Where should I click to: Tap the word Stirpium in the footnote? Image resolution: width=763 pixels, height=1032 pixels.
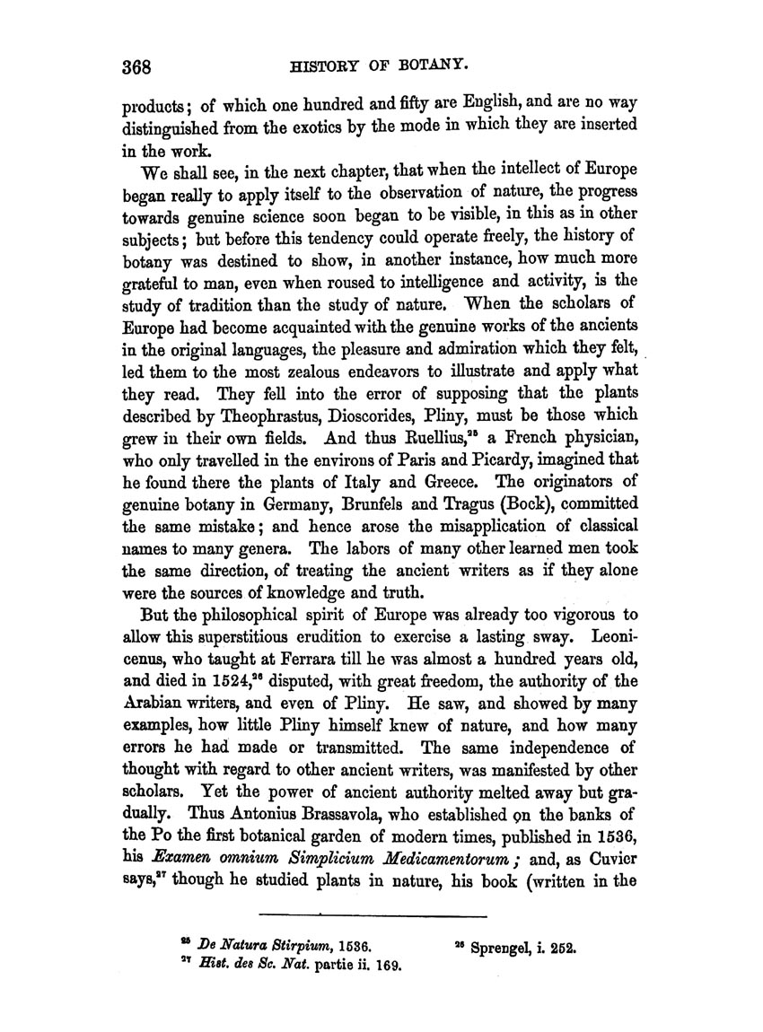[x=299, y=946]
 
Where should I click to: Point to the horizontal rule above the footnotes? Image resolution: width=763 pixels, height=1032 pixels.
[x=372, y=915]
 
